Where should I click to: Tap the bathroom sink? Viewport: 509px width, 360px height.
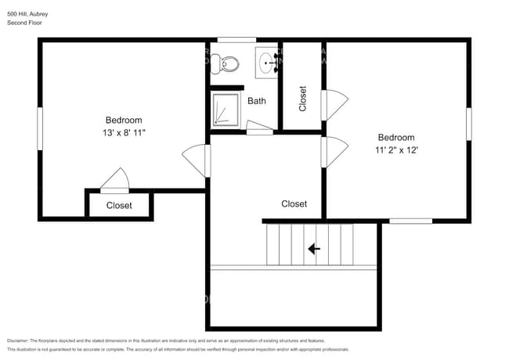click(268, 61)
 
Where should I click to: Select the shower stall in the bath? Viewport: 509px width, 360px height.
click(224, 109)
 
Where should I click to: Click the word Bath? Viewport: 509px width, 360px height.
click(257, 101)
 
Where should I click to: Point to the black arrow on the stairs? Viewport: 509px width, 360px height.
click(314, 249)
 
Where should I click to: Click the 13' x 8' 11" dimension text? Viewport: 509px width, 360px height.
click(124, 133)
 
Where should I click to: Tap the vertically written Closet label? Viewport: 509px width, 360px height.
click(303, 98)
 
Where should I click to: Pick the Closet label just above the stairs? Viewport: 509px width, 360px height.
click(294, 203)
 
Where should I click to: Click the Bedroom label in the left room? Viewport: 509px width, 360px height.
click(124, 120)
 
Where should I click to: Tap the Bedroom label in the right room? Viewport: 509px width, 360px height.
click(396, 138)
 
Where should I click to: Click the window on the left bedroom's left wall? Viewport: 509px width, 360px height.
click(40, 128)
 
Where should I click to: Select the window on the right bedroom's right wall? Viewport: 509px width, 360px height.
click(469, 124)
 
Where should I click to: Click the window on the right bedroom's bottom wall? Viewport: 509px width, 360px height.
click(410, 221)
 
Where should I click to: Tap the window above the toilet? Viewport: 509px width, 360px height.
click(231, 40)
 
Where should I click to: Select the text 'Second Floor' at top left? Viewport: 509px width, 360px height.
click(24, 23)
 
